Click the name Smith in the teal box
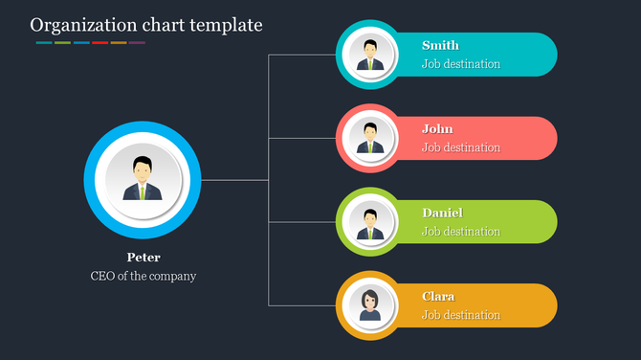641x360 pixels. (440, 45)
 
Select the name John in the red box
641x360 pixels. (437, 129)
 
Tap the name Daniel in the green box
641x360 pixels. (442, 213)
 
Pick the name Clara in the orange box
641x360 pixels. (438, 297)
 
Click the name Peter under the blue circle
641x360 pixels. (144, 258)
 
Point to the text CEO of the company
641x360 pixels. (144, 277)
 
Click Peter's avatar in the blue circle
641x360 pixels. (142, 179)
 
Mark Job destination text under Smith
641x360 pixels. (461, 64)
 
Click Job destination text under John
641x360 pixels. (461, 147)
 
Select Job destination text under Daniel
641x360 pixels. (461, 232)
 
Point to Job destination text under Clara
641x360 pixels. (461, 315)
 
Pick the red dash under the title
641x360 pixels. (99, 43)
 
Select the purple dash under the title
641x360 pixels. (137, 43)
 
